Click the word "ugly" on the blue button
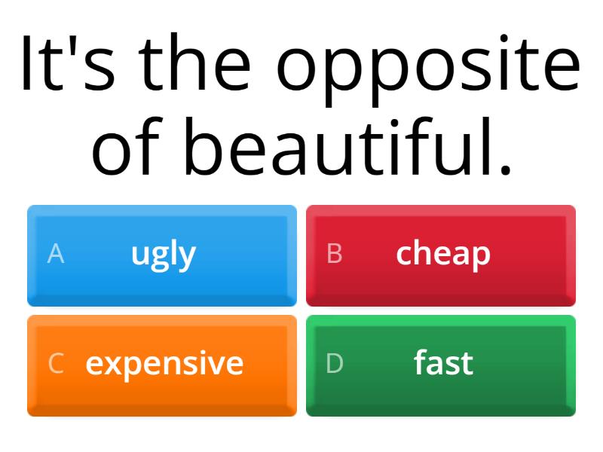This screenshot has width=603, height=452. tap(163, 255)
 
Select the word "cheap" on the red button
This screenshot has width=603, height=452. tap(442, 255)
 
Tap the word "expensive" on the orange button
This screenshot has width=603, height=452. tap(164, 364)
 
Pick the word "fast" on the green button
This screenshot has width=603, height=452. tap(443, 363)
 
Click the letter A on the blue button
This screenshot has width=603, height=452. tap(55, 255)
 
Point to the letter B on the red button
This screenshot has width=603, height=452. tap(335, 255)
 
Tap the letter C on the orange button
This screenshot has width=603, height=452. tap(55, 364)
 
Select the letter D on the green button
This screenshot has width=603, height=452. tap(335, 364)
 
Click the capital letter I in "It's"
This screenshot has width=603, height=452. tap(27, 64)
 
